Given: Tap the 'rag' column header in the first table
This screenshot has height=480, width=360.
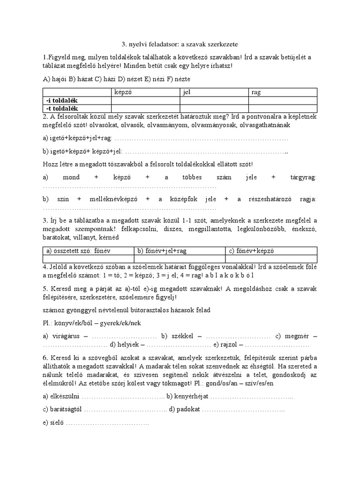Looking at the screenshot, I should click(x=256, y=92).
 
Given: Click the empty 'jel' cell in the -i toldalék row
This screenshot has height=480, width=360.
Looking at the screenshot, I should click(x=214, y=100).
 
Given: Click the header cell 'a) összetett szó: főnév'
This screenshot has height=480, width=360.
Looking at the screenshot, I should click(x=77, y=251).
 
